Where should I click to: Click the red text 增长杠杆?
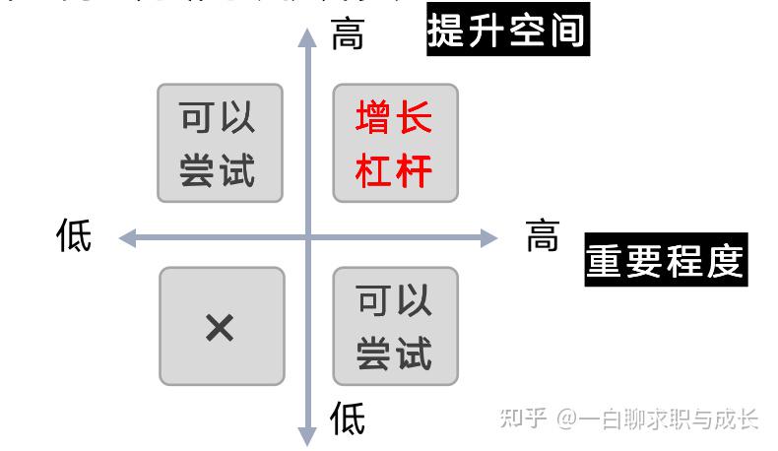click(x=394, y=144)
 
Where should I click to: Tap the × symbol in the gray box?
click(x=220, y=328)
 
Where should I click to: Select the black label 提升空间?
click(x=507, y=30)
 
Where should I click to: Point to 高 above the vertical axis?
click(x=348, y=34)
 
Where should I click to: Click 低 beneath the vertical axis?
click(x=348, y=419)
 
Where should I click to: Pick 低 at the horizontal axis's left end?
click(x=74, y=236)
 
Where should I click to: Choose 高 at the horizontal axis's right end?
click(x=543, y=236)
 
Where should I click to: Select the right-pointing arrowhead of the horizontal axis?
click(x=488, y=237)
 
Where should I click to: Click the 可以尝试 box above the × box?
click(x=220, y=144)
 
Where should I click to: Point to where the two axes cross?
click(x=308, y=237)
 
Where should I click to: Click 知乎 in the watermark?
click(x=524, y=419)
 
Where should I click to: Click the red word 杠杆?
click(x=394, y=170)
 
